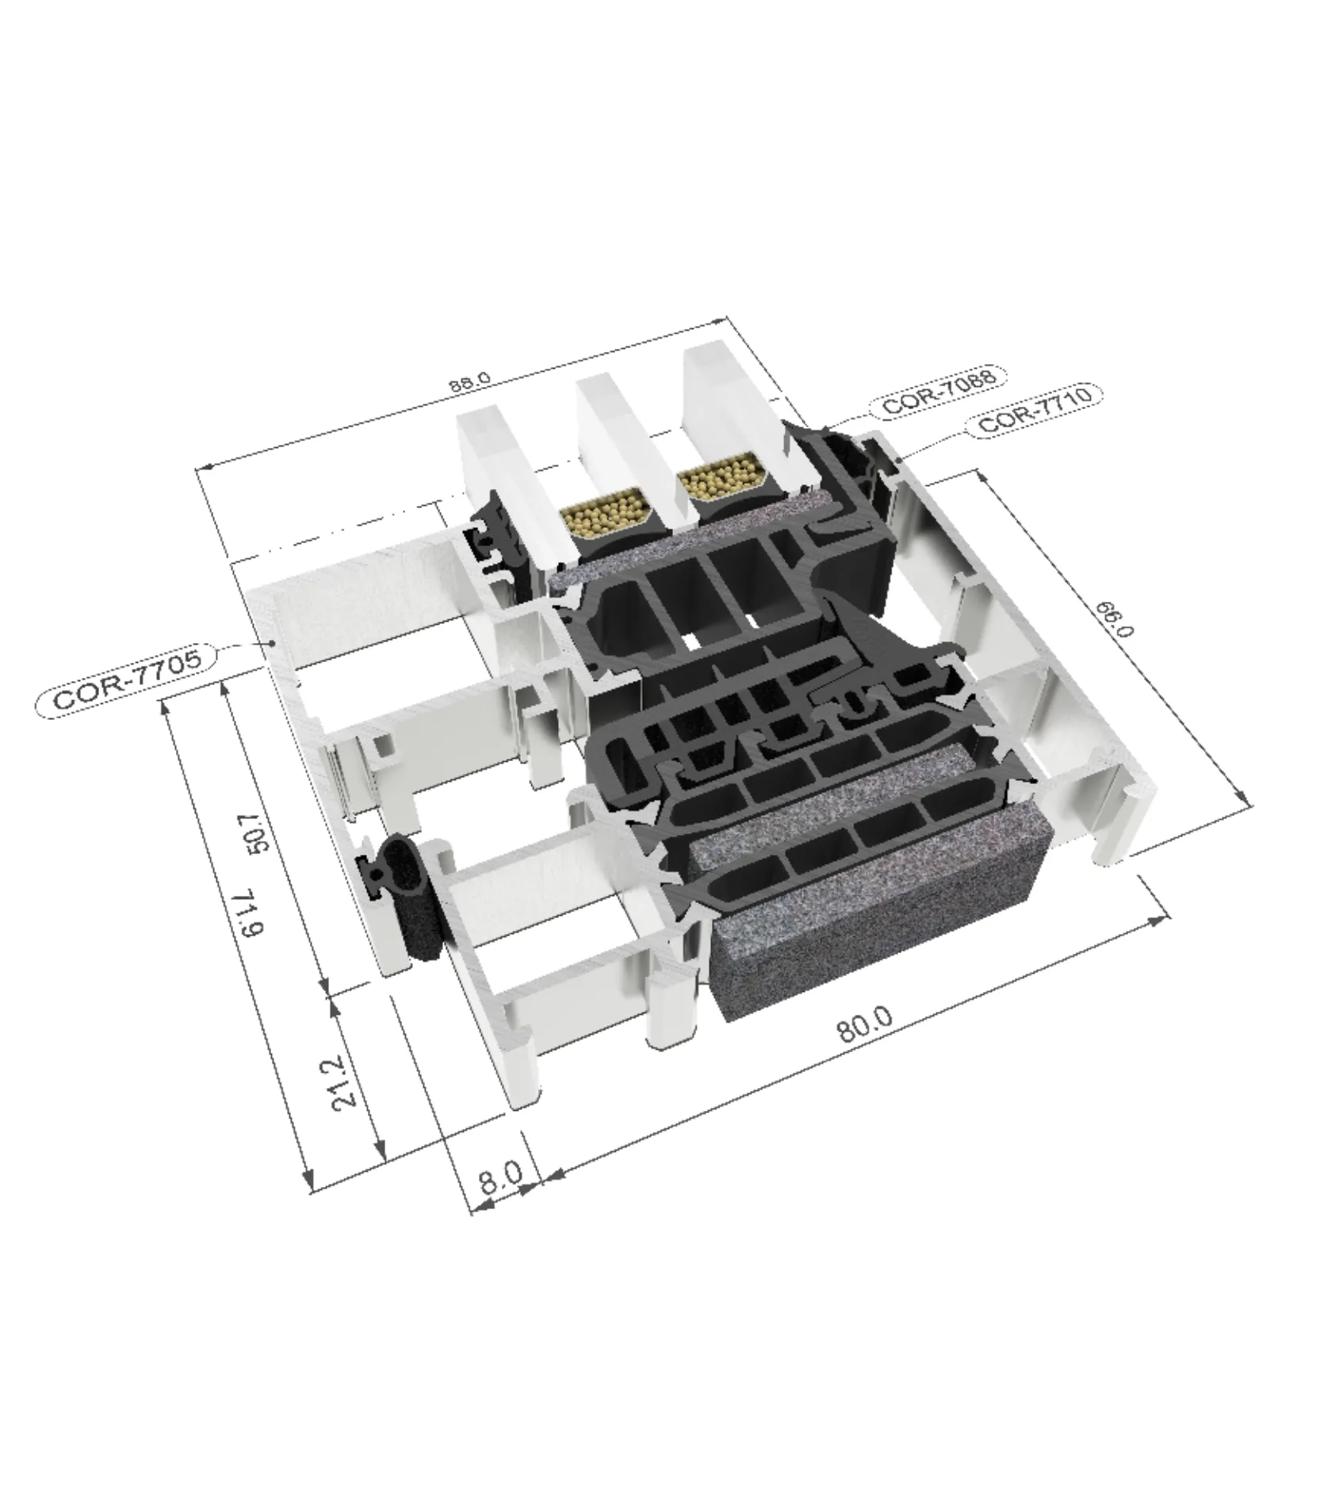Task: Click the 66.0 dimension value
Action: pyautogui.click(x=1115, y=618)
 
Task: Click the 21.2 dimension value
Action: pyautogui.click(x=350, y=1081)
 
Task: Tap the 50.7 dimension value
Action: pyautogui.click(x=258, y=830)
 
